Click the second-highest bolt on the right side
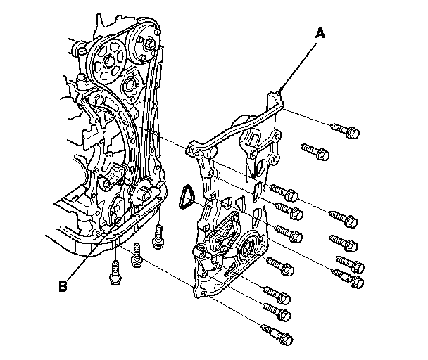[x=315, y=151]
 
